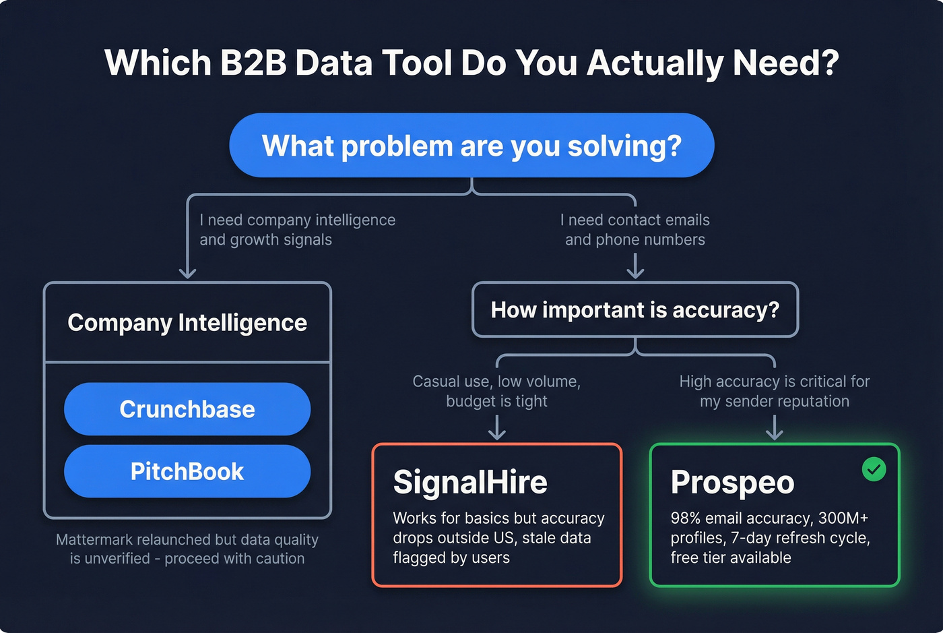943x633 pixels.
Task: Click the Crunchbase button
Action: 187,409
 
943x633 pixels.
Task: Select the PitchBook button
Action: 187,471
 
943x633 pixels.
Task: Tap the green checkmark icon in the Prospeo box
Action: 874,469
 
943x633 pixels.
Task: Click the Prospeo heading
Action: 732,483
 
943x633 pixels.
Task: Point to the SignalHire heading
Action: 470,483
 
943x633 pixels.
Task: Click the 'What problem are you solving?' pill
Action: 471,146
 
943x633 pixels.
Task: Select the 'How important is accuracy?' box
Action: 635,310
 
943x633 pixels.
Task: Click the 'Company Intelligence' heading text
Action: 187,323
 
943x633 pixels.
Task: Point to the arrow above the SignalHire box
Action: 497,428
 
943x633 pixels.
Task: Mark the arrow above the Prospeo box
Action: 775,428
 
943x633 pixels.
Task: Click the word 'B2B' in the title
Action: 253,63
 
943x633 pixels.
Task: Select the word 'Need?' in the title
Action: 785,63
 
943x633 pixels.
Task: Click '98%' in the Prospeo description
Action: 686,518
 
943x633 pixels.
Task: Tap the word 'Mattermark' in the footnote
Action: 94,540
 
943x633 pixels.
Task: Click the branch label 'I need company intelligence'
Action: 297,220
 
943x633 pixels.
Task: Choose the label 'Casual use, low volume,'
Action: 496,382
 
